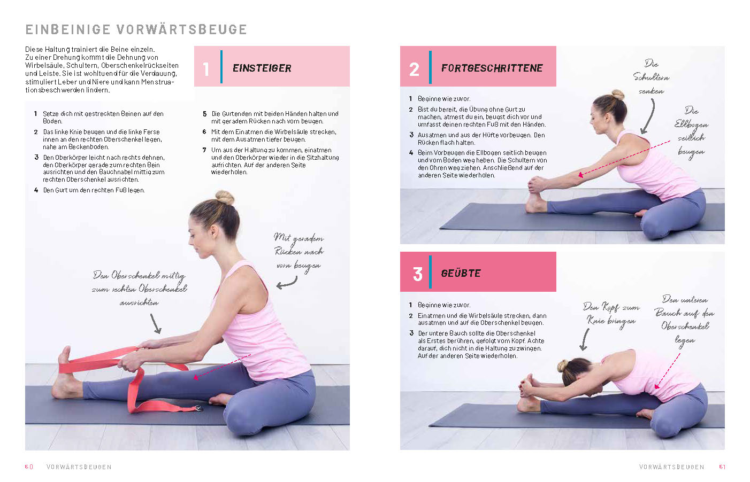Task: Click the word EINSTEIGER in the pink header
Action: coord(262,68)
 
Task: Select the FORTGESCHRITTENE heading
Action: coord(492,68)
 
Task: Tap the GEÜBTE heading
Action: coord(461,273)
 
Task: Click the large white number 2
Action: coord(414,69)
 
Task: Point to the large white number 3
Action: coord(417,274)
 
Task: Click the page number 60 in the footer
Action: coord(29,467)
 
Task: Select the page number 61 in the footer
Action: coord(722,467)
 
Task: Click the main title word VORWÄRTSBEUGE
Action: coord(182,29)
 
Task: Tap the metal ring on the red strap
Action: coord(198,408)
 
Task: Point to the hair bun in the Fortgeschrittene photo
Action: coord(618,95)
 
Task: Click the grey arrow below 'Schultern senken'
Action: coord(648,116)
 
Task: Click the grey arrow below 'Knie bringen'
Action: coord(585,339)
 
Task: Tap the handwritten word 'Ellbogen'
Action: coord(691,124)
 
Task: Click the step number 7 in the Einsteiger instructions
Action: coord(204,150)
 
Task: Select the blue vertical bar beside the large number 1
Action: coord(221,67)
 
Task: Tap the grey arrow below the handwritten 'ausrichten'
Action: coord(156,323)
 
